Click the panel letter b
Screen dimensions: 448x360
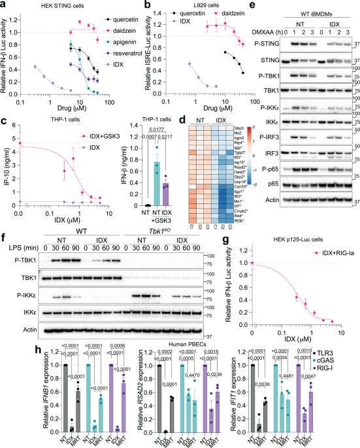130,5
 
